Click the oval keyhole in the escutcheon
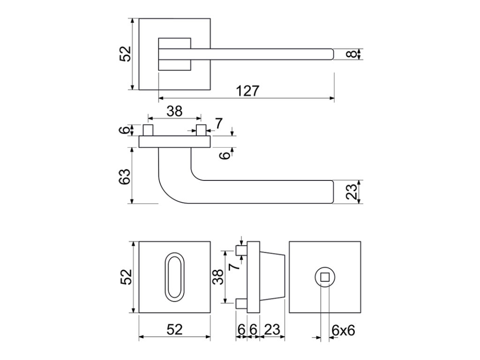coord(173,277)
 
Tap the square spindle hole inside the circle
coord(324,277)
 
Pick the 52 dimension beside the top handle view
coord(125,53)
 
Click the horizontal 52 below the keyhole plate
coord(174,330)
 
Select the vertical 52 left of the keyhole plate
coord(125,277)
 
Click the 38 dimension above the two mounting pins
coord(174,112)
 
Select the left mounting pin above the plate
coord(148,130)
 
